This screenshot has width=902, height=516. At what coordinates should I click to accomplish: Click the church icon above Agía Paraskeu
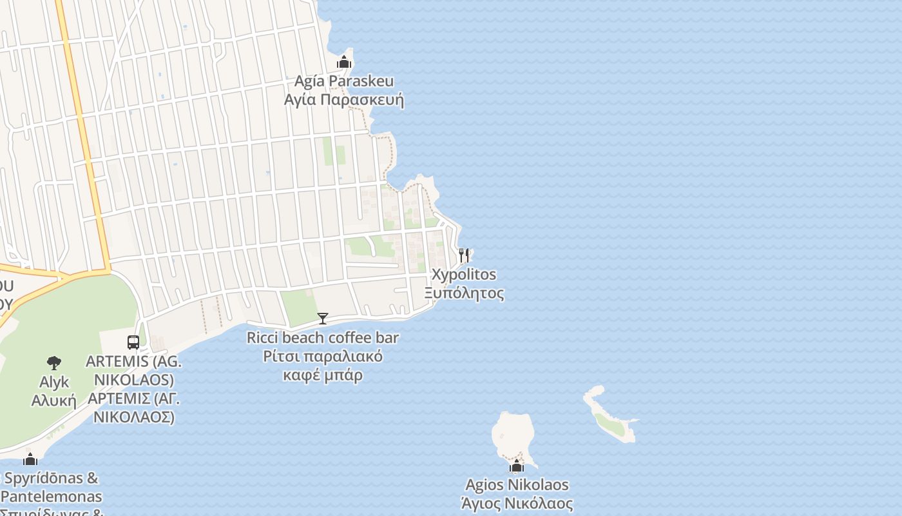coord(344,63)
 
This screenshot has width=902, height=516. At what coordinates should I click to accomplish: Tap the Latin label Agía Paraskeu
coord(344,81)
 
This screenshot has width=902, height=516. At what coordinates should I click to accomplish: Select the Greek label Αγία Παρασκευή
coord(344,100)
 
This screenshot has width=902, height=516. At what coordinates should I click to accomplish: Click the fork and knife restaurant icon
coord(464,255)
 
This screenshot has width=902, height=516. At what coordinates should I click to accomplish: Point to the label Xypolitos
coord(464,274)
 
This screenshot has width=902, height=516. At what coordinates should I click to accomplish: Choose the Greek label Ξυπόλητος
coord(464,293)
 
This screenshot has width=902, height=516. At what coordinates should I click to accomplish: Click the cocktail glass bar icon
coord(323,318)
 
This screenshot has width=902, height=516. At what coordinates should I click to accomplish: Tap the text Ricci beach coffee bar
coord(323,337)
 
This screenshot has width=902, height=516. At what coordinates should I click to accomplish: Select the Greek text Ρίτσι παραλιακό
coord(323,357)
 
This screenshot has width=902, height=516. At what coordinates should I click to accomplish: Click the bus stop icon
coord(133,342)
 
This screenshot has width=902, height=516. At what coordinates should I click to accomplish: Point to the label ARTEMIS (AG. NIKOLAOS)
coord(134,370)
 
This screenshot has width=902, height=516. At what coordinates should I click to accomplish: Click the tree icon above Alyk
coord(54,363)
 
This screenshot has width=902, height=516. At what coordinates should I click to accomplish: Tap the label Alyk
coord(54,382)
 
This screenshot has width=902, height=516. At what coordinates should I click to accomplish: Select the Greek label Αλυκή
coord(54,401)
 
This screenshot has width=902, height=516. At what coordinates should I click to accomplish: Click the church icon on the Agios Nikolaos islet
coord(517,466)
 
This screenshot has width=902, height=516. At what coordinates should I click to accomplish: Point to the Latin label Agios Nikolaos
coord(517,484)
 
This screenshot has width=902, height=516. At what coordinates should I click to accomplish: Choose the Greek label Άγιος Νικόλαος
coord(517,503)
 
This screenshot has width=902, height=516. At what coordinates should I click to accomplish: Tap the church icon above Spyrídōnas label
coord(30,459)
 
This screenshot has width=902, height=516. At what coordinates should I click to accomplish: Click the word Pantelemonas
coord(55,497)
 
